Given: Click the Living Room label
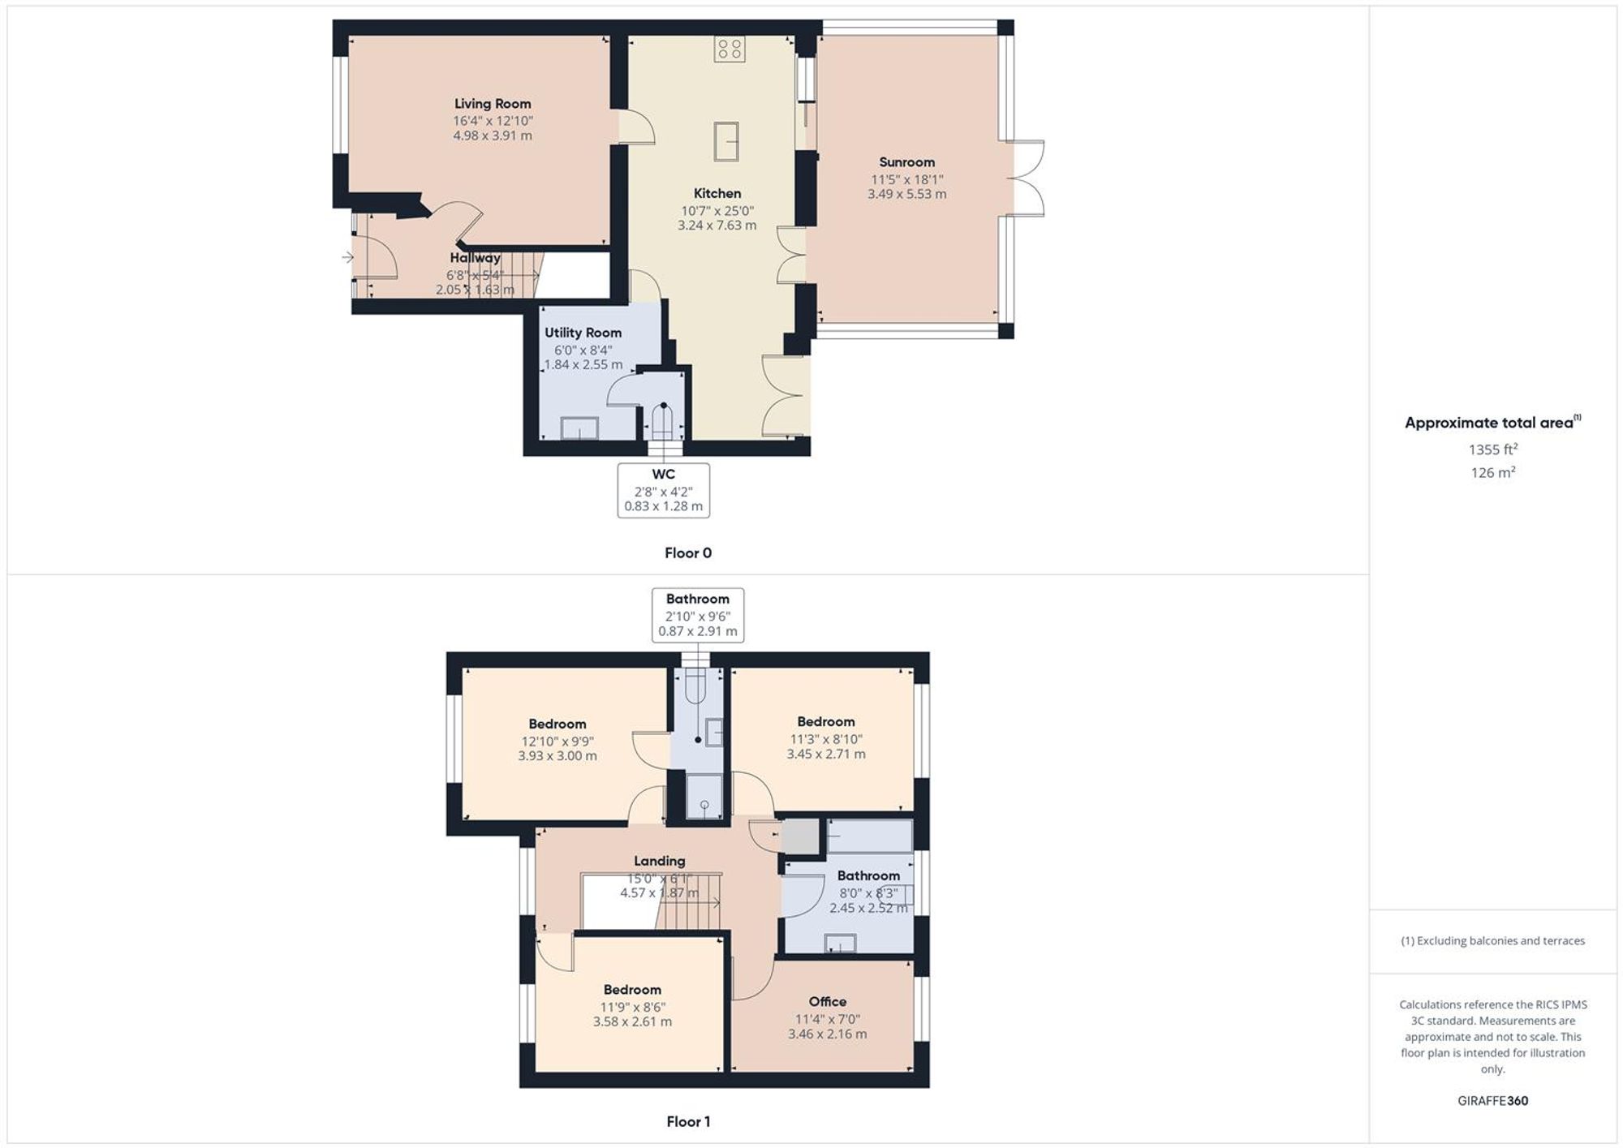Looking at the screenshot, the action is [493, 104].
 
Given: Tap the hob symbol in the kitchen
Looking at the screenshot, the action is [729, 49].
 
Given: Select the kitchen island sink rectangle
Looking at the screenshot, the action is [726, 141].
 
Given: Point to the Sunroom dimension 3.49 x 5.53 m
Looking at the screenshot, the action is [906, 194].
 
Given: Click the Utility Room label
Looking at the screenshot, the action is [583, 333].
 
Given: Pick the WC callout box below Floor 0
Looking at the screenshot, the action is [664, 490].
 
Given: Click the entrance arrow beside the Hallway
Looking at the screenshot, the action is [348, 257].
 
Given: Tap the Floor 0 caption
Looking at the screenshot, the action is [688, 553].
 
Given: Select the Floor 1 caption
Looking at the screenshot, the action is [688, 1122].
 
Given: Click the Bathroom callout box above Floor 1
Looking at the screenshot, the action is [698, 615].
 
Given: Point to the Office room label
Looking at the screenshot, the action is [828, 1002].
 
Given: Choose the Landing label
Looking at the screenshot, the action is [659, 861].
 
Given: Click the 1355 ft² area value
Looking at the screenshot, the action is [1493, 449].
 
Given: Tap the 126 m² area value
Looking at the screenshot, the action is [1493, 472].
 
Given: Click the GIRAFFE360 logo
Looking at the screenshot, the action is [1493, 1101].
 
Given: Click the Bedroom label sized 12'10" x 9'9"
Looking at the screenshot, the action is [558, 724].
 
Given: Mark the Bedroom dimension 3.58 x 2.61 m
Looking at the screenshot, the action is [632, 1022].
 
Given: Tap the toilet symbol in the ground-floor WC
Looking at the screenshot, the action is [663, 422].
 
